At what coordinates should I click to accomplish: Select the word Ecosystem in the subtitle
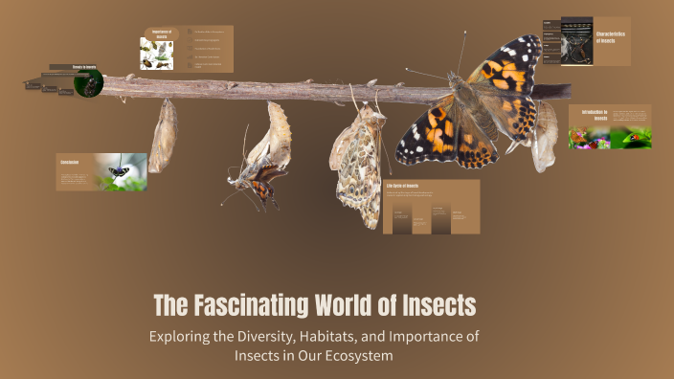pos(358,355)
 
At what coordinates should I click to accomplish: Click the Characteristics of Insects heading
pos(613,37)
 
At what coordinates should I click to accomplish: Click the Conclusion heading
pos(70,163)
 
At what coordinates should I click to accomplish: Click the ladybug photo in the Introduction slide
pos(631,138)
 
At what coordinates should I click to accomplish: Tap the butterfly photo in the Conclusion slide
pos(120,172)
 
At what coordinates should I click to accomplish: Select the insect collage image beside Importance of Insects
pos(157,54)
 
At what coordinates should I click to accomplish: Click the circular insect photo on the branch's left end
pos(88,83)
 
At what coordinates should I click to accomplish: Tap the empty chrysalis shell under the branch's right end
pos(546,134)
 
